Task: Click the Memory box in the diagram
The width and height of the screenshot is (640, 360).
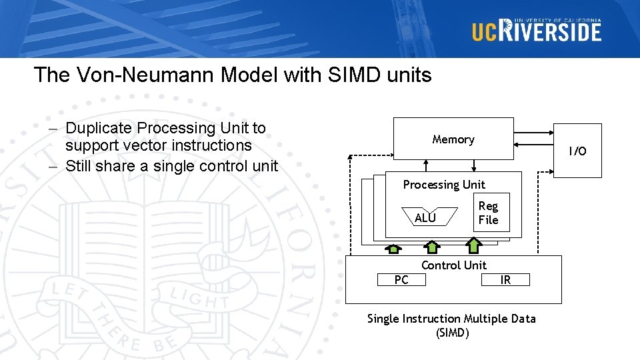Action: coord(453,139)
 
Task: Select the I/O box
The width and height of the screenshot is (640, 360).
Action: coord(577,151)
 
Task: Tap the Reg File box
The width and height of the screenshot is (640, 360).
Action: coord(489,213)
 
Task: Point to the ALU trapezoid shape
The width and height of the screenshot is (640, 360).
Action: coord(425,218)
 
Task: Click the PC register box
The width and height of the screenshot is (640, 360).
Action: coord(401,280)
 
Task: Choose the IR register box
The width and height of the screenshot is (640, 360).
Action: coord(505,280)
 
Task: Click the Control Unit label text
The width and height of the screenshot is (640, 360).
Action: coord(454,265)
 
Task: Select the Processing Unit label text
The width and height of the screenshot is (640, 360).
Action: coord(444,185)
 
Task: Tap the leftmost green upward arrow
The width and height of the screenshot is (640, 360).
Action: coord(393,249)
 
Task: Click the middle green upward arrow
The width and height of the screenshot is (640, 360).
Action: coord(433,247)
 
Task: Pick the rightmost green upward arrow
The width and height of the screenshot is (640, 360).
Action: coord(474,246)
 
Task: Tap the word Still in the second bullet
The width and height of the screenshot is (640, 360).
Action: coord(83,165)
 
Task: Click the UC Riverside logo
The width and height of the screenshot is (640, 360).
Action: coord(537,30)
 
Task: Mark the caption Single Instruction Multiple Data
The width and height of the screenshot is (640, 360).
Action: coord(451,319)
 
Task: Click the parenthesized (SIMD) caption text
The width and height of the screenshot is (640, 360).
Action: coord(452,332)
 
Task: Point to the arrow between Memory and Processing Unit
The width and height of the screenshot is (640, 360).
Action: coord(474,165)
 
